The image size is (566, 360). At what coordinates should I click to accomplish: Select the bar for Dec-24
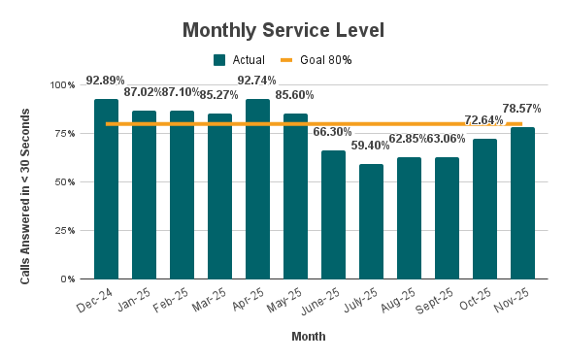106,189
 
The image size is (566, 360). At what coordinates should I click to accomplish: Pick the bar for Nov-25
522,203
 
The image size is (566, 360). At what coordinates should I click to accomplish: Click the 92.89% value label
106,80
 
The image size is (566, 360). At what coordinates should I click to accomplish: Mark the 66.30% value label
334,131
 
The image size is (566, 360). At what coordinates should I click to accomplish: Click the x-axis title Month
309,338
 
